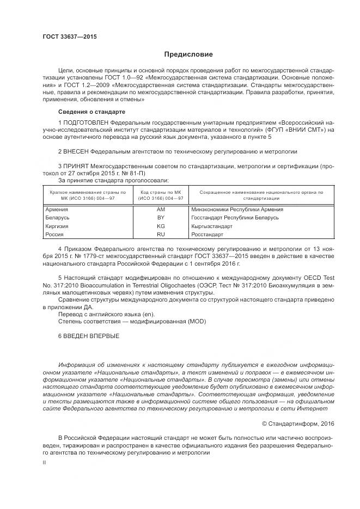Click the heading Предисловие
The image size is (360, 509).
pyautogui.click(x=189, y=54)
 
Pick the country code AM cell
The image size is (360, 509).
pyautogui.click(x=160, y=209)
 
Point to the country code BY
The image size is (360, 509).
pyautogui.click(x=160, y=217)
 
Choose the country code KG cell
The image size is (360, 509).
pyautogui.click(x=160, y=225)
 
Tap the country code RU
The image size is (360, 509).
pyautogui.click(x=160, y=234)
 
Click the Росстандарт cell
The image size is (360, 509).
pyautogui.click(x=207, y=234)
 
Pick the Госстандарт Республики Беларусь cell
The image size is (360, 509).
pyautogui.click(x=235, y=217)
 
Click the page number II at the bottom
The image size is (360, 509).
pyautogui.click(x=45, y=461)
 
